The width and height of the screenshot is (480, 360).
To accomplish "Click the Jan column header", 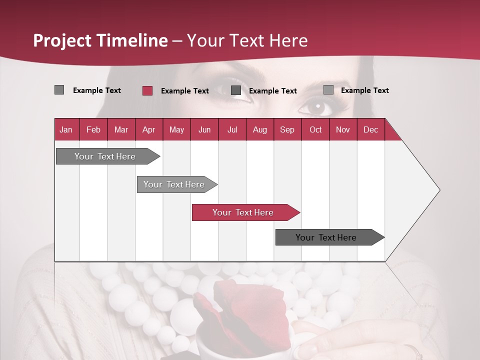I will pos(66,129).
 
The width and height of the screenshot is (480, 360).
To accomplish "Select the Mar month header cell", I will pos(121,129).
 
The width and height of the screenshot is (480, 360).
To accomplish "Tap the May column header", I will pos(176,129).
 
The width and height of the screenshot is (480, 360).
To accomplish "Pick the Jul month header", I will pos(232,129).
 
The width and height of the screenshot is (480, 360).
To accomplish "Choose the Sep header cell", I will pos(287,129).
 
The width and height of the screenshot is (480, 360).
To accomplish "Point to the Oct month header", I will pos(315,129).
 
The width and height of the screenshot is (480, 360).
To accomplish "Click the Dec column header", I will pos(370,129).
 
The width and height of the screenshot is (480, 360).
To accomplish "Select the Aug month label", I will pos(259,129).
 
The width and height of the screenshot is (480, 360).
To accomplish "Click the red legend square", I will pos(147,90).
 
